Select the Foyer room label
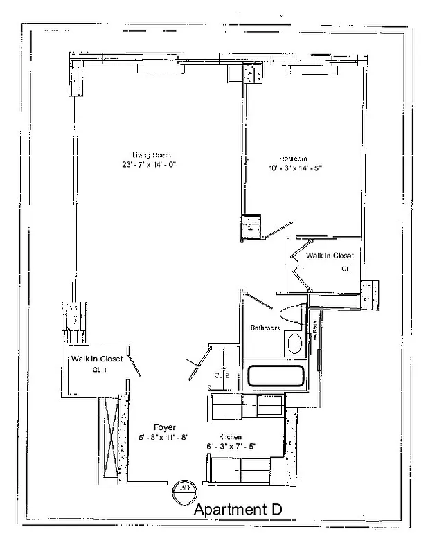click(x=165, y=427)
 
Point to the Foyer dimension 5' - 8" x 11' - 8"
click(x=166, y=438)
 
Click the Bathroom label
click(x=265, y=328)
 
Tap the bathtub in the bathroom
click(x=276, y=377)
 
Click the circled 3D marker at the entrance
click(x=184, y=487)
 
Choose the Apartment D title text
click(x=238, y=510)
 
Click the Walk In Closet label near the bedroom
click(x=330, y=256)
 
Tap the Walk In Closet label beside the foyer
click(x=96, y=359)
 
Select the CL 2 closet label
click(x=222, y=375)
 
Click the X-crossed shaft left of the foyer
click(x=110, y=437)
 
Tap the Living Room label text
click(x=151, y=154)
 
